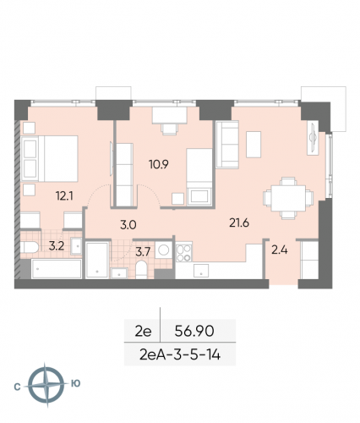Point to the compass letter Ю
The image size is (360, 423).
tap(75, 383)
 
